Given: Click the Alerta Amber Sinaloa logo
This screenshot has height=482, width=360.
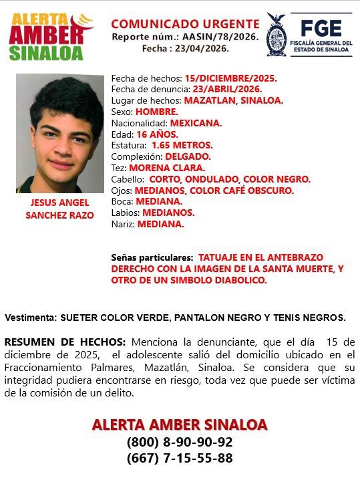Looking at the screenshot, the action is tap(50, 37).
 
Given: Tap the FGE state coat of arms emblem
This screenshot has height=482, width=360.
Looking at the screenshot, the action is tap(276, 35).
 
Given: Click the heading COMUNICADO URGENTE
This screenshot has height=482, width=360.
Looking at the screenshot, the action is tap(185, 24).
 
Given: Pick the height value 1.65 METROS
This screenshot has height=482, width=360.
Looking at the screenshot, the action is tap(182, 145).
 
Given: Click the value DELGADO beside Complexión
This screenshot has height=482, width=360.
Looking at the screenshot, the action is tap(188, 156).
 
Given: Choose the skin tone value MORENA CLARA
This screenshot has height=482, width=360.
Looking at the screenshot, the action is tap(167, 168).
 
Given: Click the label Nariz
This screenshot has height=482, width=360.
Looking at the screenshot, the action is tap(123, 224).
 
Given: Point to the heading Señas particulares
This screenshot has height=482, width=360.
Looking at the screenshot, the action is tap(152, 257).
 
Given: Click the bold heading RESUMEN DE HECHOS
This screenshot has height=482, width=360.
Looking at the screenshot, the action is tap(65, 342).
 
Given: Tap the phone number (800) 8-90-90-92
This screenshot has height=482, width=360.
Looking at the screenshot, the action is tap(180, 442).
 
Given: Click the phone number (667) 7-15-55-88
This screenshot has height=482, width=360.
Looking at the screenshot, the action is tap(180, 458).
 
